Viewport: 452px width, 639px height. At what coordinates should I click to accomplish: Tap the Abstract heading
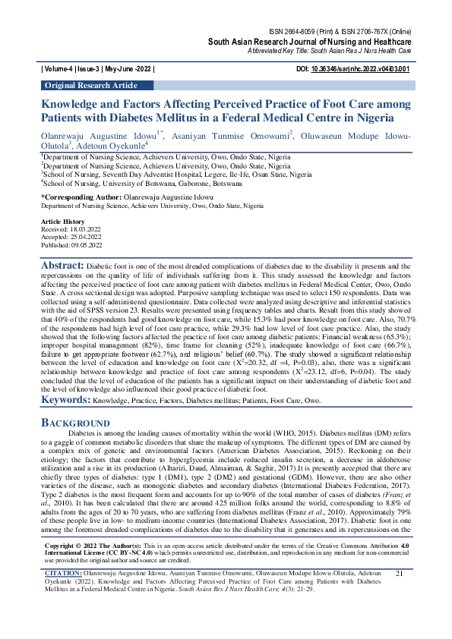pyautogui.click(x=62, y=266)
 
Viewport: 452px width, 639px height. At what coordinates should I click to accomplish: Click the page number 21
pyautogui.click(x=399, y=594)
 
